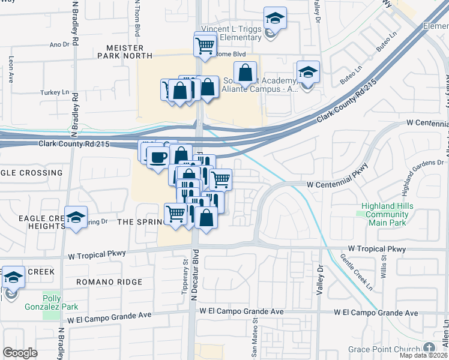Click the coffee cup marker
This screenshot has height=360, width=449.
click(x=158, y=158)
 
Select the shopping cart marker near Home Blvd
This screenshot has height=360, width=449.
click(x=205, y=45)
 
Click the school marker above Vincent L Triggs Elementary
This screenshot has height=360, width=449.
click(x=275, y=17)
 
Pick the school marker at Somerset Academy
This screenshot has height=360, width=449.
click(x=307, y=73)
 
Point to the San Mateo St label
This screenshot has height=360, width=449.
click(x=255, y=340)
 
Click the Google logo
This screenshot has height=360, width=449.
click(x=20, y=352)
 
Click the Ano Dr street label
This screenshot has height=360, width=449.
click(x=59, y=44)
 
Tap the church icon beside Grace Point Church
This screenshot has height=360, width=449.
click(x=429, y=347)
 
